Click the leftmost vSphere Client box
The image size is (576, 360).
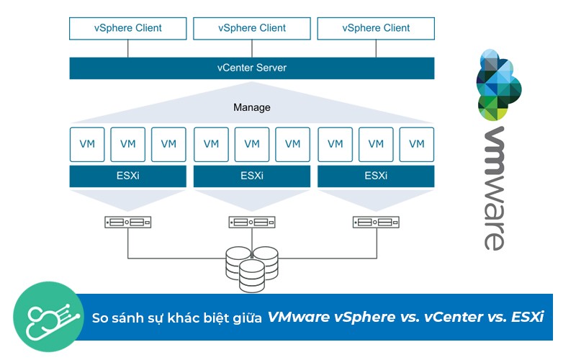click(x=128, y=29)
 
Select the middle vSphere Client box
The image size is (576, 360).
click(x=252, y=29)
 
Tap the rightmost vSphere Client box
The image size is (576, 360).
click(x=376, y=29)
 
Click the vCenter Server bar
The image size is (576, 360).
click(x=252, y=68)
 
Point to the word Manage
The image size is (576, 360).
click(x=252, y=107)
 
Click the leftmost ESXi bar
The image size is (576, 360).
click(x=128, y=176)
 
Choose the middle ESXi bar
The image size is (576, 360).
click(x=252, y=176)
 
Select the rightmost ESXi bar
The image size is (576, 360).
click(x=376, y=176)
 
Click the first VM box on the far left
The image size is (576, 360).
click(x=87, y=144)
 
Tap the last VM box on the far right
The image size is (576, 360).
click(x=417, y=144)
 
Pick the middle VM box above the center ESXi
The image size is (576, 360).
click(x=252, y=144)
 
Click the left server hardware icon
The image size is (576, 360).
click(x=128, y=222)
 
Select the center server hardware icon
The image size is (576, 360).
click(x=252, y=222)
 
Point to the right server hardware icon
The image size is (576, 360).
click(x=376, y=222)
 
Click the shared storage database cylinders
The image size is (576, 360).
click(x=245, y=268)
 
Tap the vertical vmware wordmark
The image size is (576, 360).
click(x=494, y=189)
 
